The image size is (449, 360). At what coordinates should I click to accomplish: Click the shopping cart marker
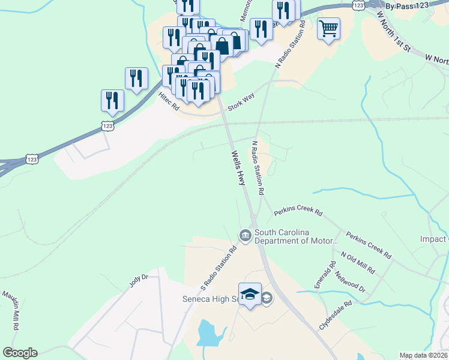pos(328,28)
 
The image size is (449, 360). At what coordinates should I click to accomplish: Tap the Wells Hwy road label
pos(239,167)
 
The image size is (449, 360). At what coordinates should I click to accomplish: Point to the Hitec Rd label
pos(169,101)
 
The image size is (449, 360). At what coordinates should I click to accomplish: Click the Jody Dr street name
pos(138,281)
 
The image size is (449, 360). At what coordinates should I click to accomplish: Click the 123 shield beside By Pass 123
pos(358,4)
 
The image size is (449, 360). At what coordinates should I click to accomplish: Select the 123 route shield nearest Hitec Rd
pos(107,125)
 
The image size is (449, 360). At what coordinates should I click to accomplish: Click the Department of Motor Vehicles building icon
pos(245,236)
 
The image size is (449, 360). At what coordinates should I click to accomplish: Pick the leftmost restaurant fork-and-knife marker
pos(112,100)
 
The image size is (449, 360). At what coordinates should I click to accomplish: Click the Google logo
pos(20,353)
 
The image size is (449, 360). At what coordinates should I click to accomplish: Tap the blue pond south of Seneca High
pos(208,333)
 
